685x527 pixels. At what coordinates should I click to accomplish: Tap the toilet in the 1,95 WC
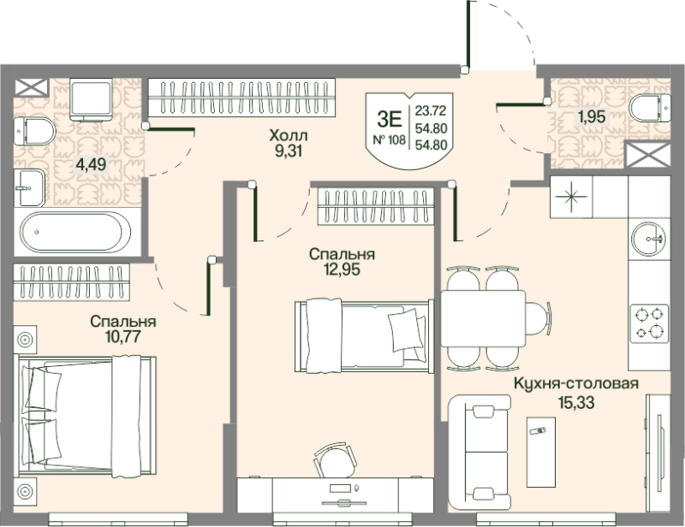650,108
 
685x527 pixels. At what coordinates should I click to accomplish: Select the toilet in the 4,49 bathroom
34,131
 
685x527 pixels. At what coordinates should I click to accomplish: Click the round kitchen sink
649,239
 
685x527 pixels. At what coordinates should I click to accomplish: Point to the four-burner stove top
649,323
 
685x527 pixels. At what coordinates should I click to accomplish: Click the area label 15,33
576,402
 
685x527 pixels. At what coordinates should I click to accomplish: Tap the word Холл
289,135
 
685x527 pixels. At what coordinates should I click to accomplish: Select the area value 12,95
342,269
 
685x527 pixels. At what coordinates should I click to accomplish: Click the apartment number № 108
389,139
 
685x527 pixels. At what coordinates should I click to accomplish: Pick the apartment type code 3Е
389,118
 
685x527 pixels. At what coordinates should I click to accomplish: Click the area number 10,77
122,336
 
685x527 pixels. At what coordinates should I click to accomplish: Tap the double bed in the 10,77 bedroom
85,416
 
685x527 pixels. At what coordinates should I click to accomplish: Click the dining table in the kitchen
483,318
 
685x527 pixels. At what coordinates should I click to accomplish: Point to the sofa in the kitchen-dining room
479,453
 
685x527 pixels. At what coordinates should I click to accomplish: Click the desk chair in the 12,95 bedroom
333,461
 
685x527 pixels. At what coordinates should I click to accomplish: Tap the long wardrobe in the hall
241,98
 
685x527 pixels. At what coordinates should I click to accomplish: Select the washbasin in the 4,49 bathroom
29,187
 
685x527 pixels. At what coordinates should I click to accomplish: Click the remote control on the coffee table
538,431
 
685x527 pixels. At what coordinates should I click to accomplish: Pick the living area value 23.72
431,111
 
